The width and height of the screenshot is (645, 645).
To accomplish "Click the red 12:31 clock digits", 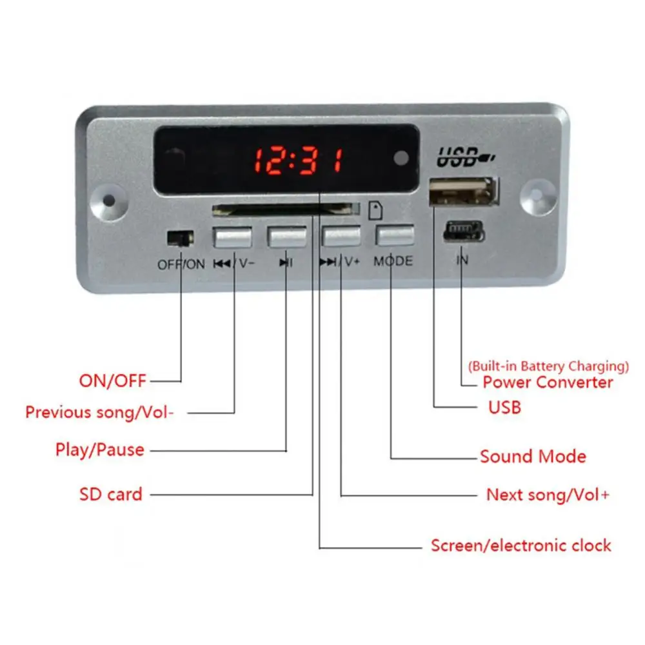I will click(x=297, y=159).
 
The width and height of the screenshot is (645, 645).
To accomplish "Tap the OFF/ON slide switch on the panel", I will click(x=180, y=238).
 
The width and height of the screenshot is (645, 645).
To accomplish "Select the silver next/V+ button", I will click(x=341, y=237).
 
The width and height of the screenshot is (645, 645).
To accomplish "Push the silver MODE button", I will click(x=394, y=236).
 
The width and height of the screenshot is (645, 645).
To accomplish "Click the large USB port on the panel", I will click(x=464, y=191).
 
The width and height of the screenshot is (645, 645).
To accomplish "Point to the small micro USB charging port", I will click(x=462, y=231).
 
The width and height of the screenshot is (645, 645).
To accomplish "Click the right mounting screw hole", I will click(x=536, y=193).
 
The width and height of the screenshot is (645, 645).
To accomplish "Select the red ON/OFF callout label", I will click(x=113, y=381).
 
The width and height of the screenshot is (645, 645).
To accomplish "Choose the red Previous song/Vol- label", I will click(x=99, y=412).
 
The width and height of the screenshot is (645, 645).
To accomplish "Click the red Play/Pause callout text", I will click(x=100, y=450).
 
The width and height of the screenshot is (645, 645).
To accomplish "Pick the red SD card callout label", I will click(x=110, y=495).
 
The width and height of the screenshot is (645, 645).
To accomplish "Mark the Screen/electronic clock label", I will click(x=521, y=546).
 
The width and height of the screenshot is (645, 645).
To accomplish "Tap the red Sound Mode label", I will click(x=533, y=457).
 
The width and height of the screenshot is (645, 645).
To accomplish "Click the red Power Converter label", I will click(x=548, y=382).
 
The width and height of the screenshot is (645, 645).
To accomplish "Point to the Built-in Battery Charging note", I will click(x=548, y=366).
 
